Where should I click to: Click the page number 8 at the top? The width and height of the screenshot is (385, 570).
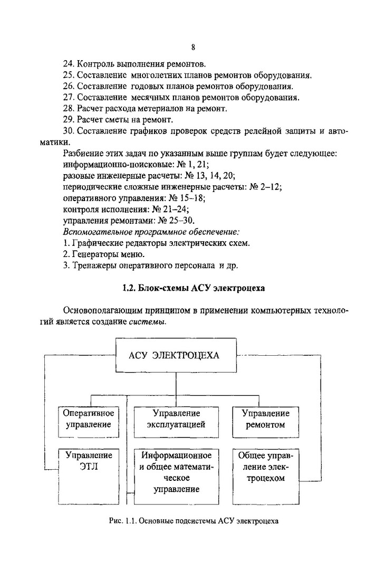(x=194, y=47)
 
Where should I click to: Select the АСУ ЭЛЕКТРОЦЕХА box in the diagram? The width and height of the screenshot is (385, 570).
(x=176, y=355)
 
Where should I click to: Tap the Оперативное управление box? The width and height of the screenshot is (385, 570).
(x=89, y=418)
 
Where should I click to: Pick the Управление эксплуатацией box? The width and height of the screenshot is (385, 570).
(x=176, y=418)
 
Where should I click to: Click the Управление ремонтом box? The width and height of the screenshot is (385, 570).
(x=265, y=418)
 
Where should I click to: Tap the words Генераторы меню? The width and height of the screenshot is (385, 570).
(x=104, y=254)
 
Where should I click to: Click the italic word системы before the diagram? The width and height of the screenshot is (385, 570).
(x=147, y=322)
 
